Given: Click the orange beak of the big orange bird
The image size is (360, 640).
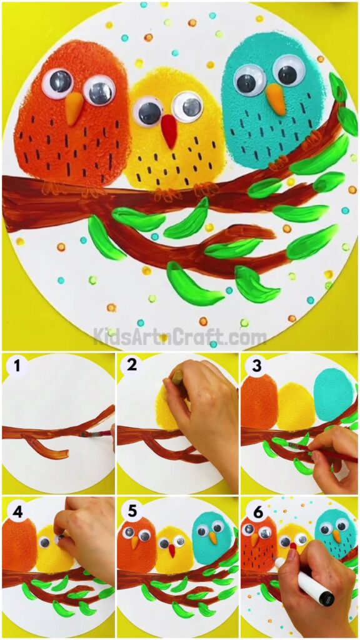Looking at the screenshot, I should [74, 109].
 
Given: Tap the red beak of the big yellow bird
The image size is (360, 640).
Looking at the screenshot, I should [169, 131].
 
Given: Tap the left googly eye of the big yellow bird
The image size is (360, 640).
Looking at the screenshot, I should [148, 112].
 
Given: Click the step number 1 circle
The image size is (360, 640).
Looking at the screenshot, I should [16, 366].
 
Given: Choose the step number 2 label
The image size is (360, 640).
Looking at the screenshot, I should [132, 366].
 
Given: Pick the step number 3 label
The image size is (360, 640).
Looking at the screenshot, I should [256, 366].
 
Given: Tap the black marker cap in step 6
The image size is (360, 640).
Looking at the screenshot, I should [325, 596].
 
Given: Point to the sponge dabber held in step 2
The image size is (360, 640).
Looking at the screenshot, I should [177, 377].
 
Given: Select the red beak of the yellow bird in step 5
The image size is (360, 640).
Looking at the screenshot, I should [171, 550].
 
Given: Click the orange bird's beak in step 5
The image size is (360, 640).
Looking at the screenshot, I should [135, 543].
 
